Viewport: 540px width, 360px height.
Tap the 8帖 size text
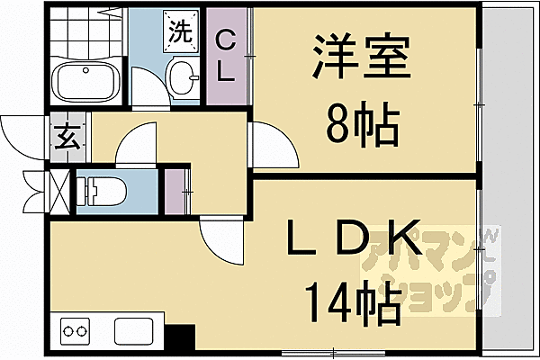click(x=361, y=127)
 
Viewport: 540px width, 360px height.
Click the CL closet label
click(x=226, y=56)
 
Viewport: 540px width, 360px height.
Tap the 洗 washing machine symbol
click(x=178, y=32)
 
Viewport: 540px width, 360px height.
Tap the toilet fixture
click(x=99, y=192)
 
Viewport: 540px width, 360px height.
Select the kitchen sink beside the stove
click(x=136, y=330)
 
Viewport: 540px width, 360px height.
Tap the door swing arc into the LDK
click(x=221, y=236)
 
